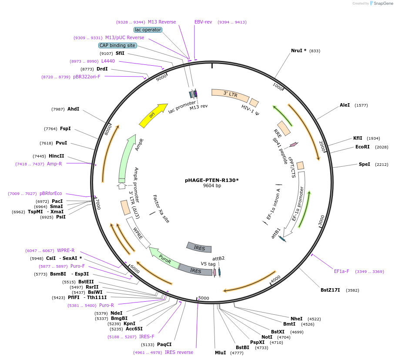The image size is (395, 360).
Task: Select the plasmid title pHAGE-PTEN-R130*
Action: pyautogui.click(x=212, y=180)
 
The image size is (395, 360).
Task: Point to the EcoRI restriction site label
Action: pyautogui.click(x=362, y=147)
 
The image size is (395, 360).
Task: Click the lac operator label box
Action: pyautogui.click(x=148, y=30)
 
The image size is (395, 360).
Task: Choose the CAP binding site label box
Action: pyautogui.click(x=117, y=45)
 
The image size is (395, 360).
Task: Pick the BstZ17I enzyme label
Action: pyautogui.click(x=330, y=290)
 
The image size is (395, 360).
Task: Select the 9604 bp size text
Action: pyautogui.click(x=212, y=185)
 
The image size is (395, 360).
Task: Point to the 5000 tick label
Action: pyautogui.click(x=204, y=298)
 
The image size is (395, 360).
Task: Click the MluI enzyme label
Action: pyautogui.click(x=220, y=353)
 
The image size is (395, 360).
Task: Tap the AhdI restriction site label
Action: pyautogui.click(x=73, y=109)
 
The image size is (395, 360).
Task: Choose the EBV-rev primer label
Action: pyautogui.click(x=203, y=22)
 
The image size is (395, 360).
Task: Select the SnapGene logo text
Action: pyautogui.click(x=382, y=3)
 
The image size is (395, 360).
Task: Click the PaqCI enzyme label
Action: pyautogui.click(x=164, y=344)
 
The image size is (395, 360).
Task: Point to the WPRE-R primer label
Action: pyautogui.click(x=66, y=250)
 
